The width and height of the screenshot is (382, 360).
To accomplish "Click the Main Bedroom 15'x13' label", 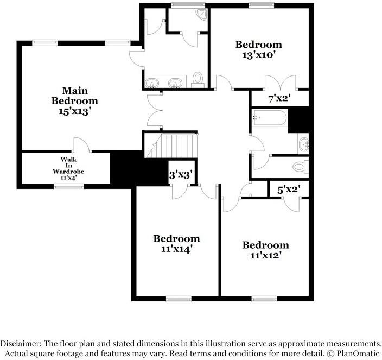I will pos(74,101).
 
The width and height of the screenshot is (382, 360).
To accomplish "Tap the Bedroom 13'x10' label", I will pos(258,49).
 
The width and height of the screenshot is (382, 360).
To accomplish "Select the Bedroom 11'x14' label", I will pos(176,244).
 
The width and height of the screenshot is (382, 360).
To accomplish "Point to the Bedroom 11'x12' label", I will pos(265,250).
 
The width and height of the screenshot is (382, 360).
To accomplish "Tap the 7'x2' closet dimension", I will pos(280,99).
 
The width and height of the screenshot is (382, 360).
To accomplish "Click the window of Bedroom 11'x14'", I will pos(179,298).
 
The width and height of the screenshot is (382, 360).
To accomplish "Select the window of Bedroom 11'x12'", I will pos(265,298).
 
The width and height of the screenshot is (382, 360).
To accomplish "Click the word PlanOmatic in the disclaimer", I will pos(355,353).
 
